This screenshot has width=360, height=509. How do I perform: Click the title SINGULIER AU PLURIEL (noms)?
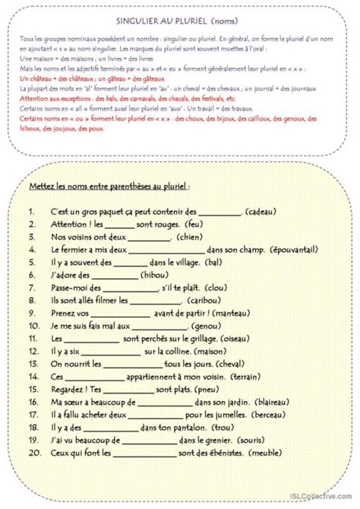[180, 24]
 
